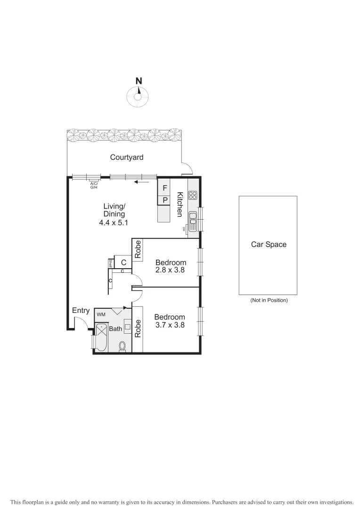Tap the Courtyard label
click(127, 157)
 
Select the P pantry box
click(164, 200)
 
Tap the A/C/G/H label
click(94, 185)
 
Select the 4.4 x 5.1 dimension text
click(114, 222)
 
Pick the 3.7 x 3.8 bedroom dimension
click(171, 325)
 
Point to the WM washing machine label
click(101, 314)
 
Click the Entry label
click(81, 311)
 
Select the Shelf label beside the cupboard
click(111, 263)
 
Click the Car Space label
click(268, 245)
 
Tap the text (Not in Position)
click(268, 300)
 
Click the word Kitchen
click(180, 205)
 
